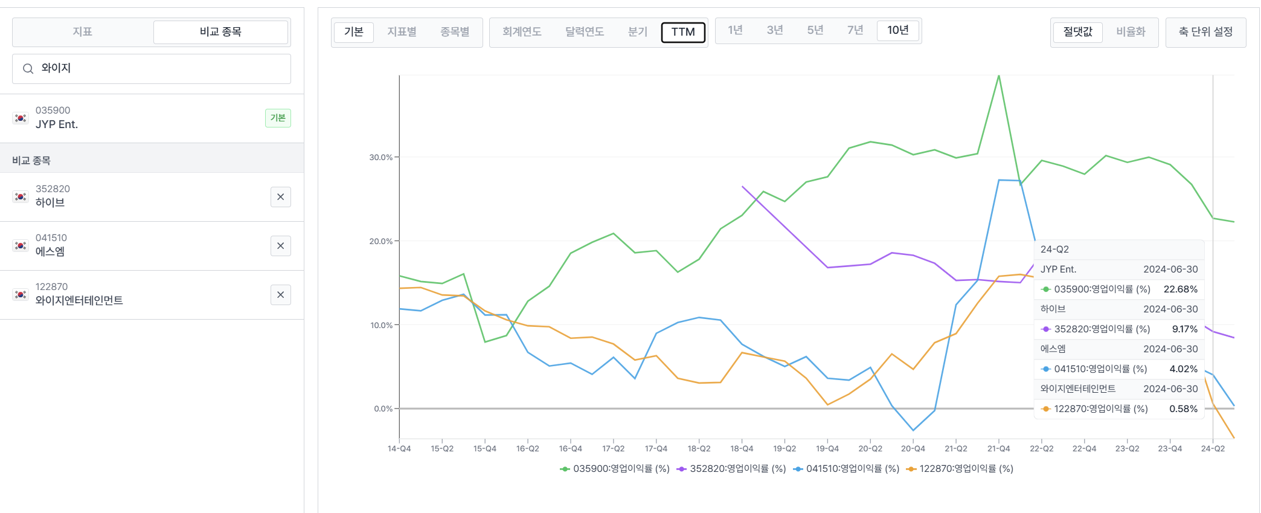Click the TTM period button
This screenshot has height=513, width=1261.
(x=683, y=32)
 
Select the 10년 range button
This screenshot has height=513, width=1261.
(x=898, y=30)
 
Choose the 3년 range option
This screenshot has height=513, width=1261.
(x=775, y=30)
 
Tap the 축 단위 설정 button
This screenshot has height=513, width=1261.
(x=1205, y=32)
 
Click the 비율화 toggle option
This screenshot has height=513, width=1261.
(x=1131, y=32)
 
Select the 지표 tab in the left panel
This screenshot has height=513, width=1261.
(x=83, y=32)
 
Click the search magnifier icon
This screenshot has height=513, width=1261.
(x=28, y=69)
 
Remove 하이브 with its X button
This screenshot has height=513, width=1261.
(x=281, y=197)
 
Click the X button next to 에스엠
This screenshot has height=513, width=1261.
(x=281, y=246)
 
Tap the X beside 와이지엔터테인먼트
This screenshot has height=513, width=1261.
(x=281, y=295)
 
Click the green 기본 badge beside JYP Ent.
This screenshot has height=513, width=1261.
(x=278, y=118)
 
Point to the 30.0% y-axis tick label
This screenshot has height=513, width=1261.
(x=381, y=157)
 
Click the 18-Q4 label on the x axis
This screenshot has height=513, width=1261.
(x=742, y=449)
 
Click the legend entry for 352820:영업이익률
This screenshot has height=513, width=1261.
(x=731, y=469)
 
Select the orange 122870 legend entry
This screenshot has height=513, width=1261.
(x=960, y=469)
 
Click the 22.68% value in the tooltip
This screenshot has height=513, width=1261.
(x=1180, y=289)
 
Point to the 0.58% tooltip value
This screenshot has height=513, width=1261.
(x=1183, y=409)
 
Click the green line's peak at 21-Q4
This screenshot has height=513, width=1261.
(x=999, y=76)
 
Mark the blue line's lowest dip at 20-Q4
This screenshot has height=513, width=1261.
(x=913, y=430)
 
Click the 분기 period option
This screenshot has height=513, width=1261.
(x=638, y=32)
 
